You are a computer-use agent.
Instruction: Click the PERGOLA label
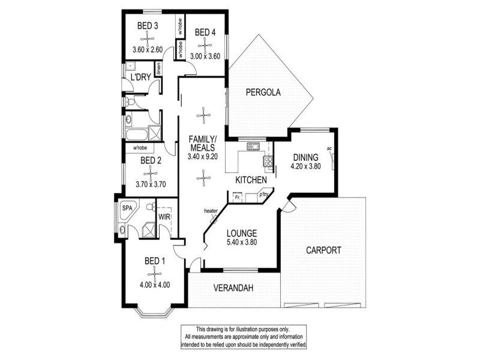pyautogui.click(x=263, y=92)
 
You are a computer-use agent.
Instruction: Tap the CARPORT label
pyautogui.click(x=323, y=250)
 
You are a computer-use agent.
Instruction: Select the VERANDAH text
pyautogui.click(x=233, y=288)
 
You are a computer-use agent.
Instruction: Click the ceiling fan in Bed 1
pyautogui.click(x=154, y=274)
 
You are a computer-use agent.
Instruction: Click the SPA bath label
pyautogui.click(x=127, y=208)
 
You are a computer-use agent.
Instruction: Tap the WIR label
pyautogui.click(x=164, y=217)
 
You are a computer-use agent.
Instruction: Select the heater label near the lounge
pyautogui.click(x=211, y=211)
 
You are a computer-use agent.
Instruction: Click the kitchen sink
pyautogui.click(x=253, y=146)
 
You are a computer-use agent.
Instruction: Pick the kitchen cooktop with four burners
pyautogui.click(x=268, y=161)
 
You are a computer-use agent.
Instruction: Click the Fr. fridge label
pyautogui.click(x=237, y=197)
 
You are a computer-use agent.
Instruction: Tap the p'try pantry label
pyautogui.click(x=263, y=194)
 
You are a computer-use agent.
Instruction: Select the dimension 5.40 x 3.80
pyautogui.click(x=242, y=242)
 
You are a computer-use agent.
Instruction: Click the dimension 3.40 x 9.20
pyautogui.click(x=202, y=157)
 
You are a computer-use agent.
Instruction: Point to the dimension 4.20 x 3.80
pyautogui.click(x=305, y=167)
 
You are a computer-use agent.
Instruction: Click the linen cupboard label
pyautogui.click(x=158, y=69)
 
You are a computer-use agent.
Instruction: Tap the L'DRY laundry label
pyautogui.click(x=140, y=77)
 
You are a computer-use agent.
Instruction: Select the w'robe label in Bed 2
pyautogui.click(x=140, y=148)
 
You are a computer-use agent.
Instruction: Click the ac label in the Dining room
pyautogui.click(x=329, y=149)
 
